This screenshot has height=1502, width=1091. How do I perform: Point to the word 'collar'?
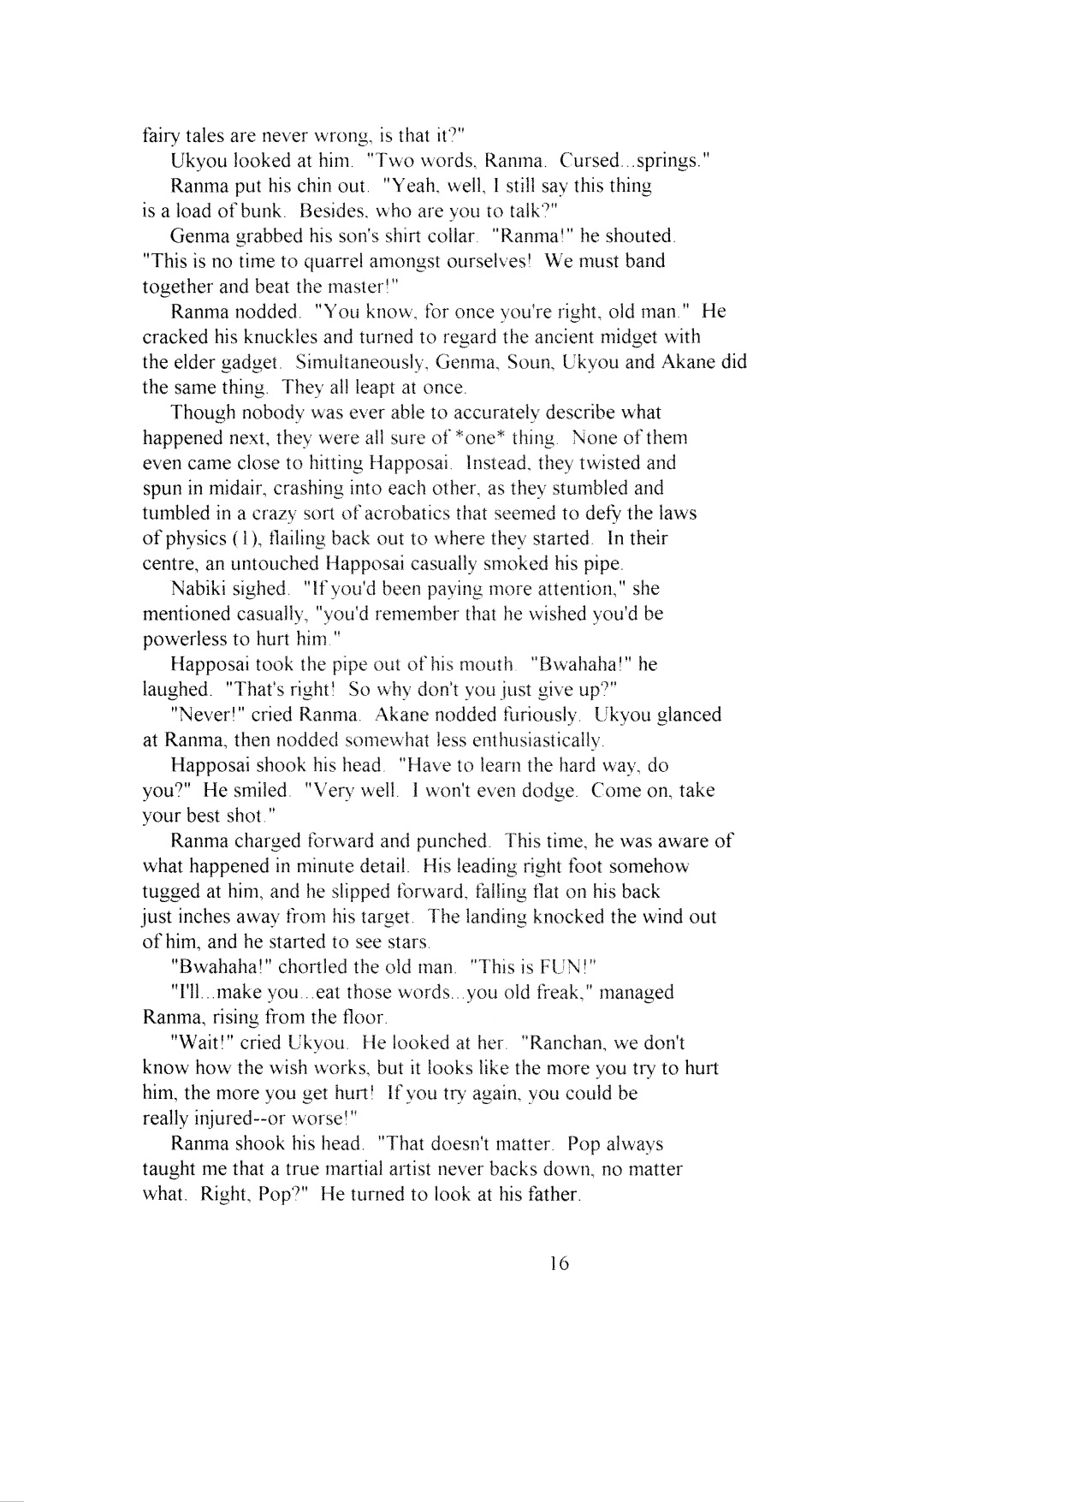[448, 235]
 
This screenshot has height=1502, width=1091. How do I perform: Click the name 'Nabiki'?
[199, 589]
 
